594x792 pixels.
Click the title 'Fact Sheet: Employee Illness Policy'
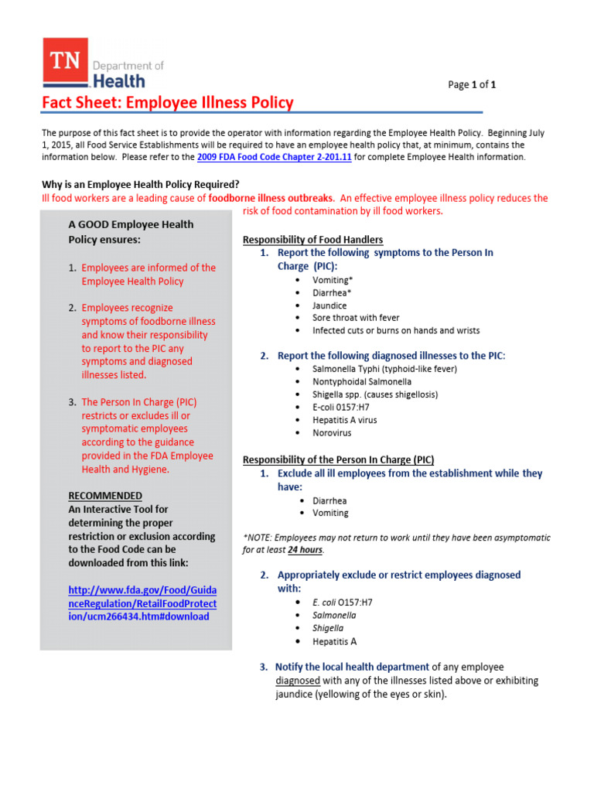pyautogui.click(x=167, y=103)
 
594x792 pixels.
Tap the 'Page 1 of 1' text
pyautogui.click(x=472, y=85)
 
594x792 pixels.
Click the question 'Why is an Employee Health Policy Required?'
pyautogui.click(x=140, y=184)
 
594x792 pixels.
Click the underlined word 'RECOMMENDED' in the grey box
pyautogui.click(x=105, y=495)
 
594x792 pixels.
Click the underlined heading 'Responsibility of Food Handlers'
pyautogui.click(x=312, y=240)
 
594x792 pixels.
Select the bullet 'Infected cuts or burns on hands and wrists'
pyautogui.click(x=395, y=330)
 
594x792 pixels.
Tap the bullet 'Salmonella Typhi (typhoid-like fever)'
pyautogui.click(x=384, y=369)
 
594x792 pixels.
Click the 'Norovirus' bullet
pyautogui.click(x=332, y=433)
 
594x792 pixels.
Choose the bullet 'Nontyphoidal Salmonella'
pyautogui.click(x=361, y=381)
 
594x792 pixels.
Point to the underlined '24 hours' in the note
pyautogui.click(x=305, y=550)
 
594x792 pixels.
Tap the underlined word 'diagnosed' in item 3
pyautogui.click(x=298, y=681)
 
